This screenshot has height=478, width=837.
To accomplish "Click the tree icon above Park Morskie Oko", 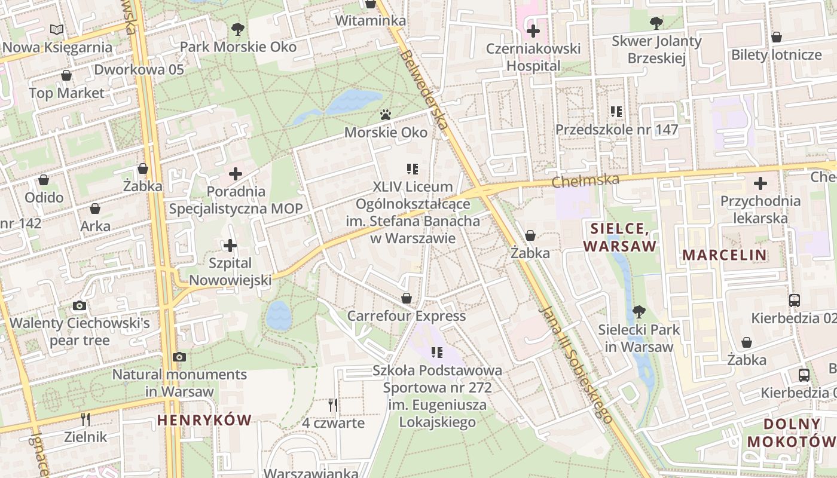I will coord(238,29).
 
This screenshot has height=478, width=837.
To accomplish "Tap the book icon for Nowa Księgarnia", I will coord(57,29).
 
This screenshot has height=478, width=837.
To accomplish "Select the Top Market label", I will coord(66,93).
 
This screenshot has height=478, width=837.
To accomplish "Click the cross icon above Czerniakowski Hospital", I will coord(533,30).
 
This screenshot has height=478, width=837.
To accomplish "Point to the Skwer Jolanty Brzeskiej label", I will coord(656,50).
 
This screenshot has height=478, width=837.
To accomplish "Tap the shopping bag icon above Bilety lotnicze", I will coord(777,37).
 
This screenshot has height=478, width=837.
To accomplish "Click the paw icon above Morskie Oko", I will coord(386,114).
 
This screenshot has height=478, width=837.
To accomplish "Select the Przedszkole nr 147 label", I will coord(616,130).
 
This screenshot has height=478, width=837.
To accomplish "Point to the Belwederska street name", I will coord(424,90).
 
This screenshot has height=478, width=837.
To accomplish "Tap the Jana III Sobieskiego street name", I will coord(576,364).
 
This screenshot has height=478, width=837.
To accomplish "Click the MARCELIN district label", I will coord(724,255).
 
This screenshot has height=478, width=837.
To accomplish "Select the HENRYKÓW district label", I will coord(204,420).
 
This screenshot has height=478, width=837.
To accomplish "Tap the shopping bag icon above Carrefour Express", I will coord(407,298).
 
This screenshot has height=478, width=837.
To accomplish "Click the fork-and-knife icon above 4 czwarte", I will coord(333,406).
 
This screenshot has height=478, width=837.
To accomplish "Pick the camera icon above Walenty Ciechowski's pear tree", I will coord(79,306).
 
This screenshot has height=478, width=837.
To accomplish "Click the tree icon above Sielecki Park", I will coord(639,311).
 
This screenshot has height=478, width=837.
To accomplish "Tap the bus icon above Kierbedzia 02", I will coord(795,301).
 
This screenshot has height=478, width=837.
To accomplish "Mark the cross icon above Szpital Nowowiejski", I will coord(230,246).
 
